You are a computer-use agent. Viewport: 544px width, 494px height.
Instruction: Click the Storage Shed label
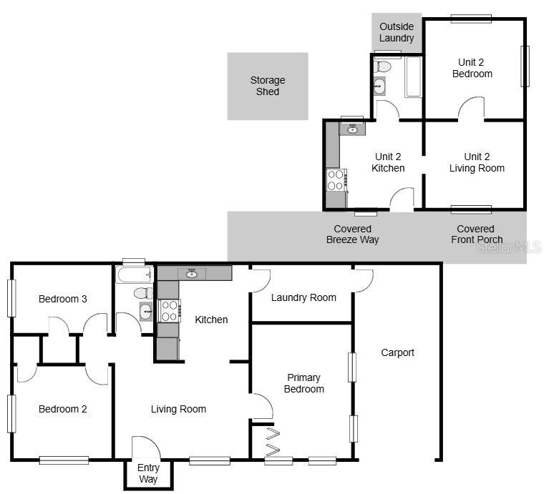click(268, 86)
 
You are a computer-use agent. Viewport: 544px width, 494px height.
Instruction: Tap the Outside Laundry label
click(397, 32)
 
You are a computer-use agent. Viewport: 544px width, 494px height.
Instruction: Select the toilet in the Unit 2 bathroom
click(384, 66)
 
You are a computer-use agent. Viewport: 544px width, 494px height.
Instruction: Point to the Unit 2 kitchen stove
click(336, 179)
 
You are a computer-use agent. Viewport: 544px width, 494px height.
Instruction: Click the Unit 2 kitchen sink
click(351, 129)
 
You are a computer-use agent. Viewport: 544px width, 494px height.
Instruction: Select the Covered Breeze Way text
click(352, 234)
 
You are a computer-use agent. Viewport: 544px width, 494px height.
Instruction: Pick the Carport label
click(397, 352)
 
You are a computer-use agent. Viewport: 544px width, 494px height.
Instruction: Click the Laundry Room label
click(303, 297)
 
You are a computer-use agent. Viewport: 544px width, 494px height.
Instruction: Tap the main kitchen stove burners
click(169, 311)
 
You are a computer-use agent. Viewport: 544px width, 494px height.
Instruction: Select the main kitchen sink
click(191, 273)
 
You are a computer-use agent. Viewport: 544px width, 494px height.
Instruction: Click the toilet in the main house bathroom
click(143, 292)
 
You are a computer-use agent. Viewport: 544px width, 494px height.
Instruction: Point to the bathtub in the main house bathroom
click(134, 275)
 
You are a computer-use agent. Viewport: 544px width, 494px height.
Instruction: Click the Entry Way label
click(148, 474)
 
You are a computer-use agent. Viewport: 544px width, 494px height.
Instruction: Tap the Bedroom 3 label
click(63, 299)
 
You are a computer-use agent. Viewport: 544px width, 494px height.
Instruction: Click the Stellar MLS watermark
click(509, 247)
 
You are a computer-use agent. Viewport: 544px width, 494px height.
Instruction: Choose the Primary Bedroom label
click(303, 383)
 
